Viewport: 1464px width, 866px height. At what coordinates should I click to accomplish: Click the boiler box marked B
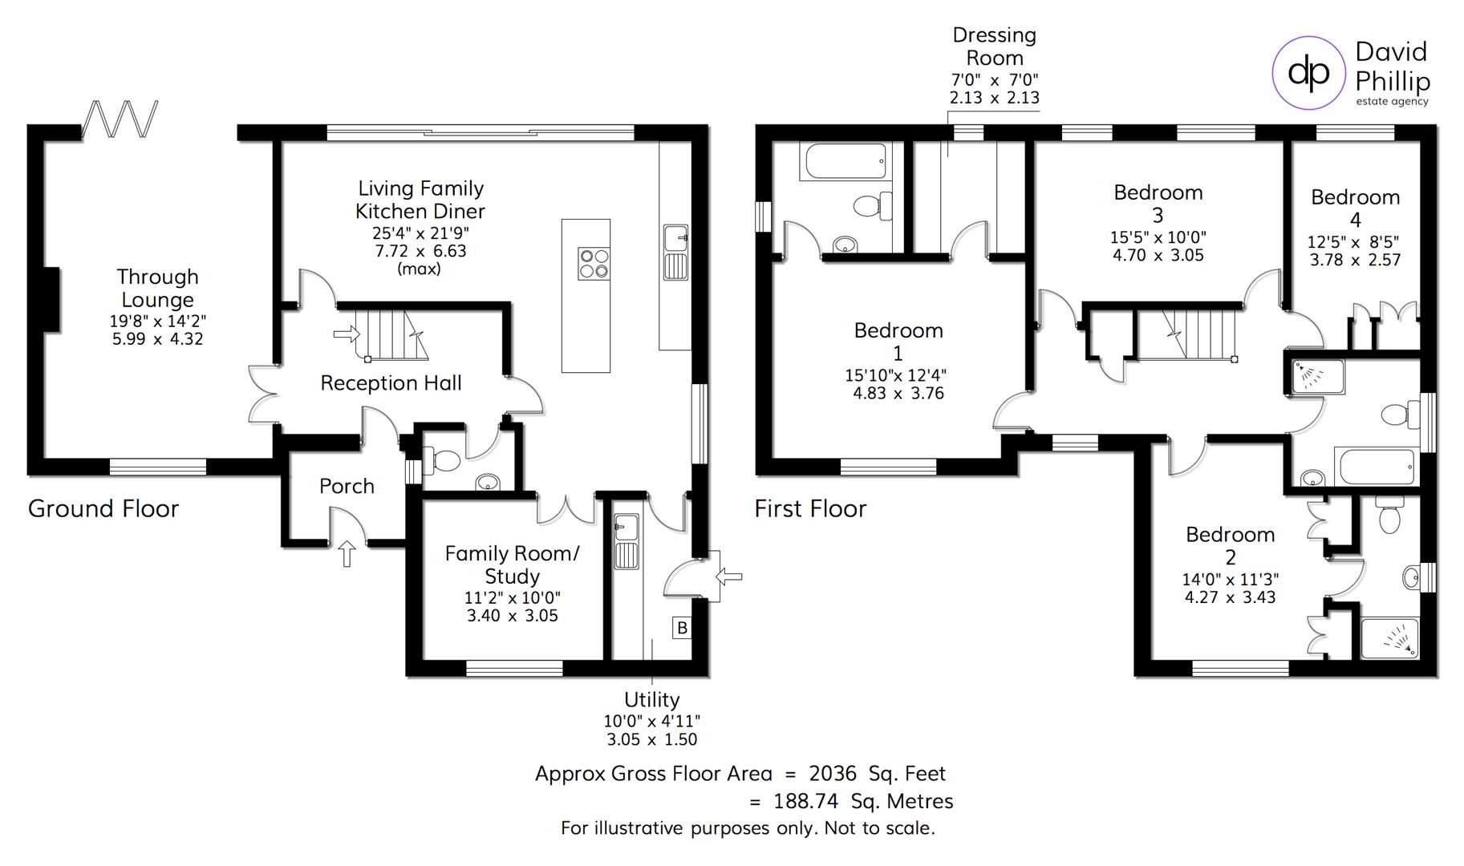point(682,628)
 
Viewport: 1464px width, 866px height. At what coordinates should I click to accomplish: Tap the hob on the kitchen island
point(594,264)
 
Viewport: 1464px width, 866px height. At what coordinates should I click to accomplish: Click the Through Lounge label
point(157,288)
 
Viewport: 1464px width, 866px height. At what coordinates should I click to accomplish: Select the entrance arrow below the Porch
point(347,554)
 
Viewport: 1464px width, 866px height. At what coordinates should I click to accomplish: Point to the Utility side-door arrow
point(729,576)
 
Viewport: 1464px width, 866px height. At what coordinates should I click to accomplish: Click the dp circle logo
point(1308,73)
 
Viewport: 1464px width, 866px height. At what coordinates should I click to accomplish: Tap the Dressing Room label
point(994,47)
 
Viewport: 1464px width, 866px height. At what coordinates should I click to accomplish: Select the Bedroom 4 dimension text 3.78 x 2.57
point(1355,260)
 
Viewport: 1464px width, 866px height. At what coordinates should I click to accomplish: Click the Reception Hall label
point(391,383)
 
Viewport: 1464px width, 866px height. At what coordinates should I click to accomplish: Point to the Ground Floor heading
point(103,508)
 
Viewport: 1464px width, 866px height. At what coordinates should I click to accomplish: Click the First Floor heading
point(810,508)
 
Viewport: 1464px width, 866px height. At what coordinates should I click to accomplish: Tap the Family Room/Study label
point(512,565)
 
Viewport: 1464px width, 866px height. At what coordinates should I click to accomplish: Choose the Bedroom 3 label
point(1158,204)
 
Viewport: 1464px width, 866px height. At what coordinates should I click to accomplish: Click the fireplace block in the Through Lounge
point(50,299)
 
